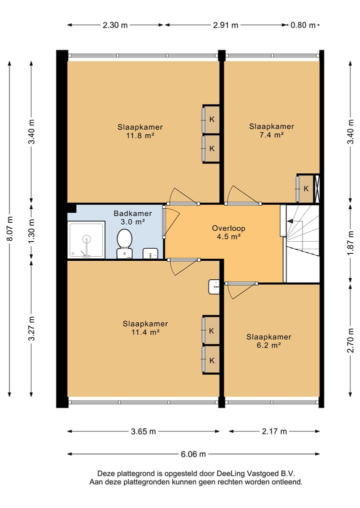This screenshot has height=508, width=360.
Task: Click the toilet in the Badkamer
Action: pyautogui.click(x=124, y=244)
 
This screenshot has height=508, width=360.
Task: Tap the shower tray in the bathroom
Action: pyautogui.click(x=86, y=240)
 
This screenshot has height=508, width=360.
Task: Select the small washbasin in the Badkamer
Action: pyautogui.click(x=150, y=253)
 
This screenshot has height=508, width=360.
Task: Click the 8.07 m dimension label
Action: pyautogui.click(x=9, y=228)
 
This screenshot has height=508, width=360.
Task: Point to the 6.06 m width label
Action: pyautogui.click(x=193, y=454)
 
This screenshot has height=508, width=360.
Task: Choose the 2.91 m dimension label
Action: pyautogui.click(x=225, y=25)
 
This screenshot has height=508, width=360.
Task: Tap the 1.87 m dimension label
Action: pyautogui.click(x=350, y=243)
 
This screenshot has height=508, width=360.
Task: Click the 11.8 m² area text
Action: pyautogui.click(x=140, y=135)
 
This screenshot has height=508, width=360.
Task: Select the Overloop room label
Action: pyautogui.click(x=228, y=228)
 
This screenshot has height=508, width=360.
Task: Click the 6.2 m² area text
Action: pyautogui.click(x=268, y=345)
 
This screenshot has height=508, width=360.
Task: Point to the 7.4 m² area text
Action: pyautogui.click(x=271, y=135)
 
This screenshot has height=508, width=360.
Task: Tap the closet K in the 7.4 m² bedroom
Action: pyautogui.click(x=305, y=188)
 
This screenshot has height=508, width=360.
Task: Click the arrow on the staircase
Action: pyautogui.click(x=295, y=221)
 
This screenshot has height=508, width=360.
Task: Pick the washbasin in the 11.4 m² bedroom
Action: pyautogui.click(x=214, y=287)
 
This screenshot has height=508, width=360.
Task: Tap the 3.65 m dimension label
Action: pyautogui.click(x=143, y=431)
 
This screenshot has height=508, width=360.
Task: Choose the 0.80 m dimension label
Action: pyautogui.click(x=303, y=25)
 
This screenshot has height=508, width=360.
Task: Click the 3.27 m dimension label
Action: pyautogui.click(x=31, y=329)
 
